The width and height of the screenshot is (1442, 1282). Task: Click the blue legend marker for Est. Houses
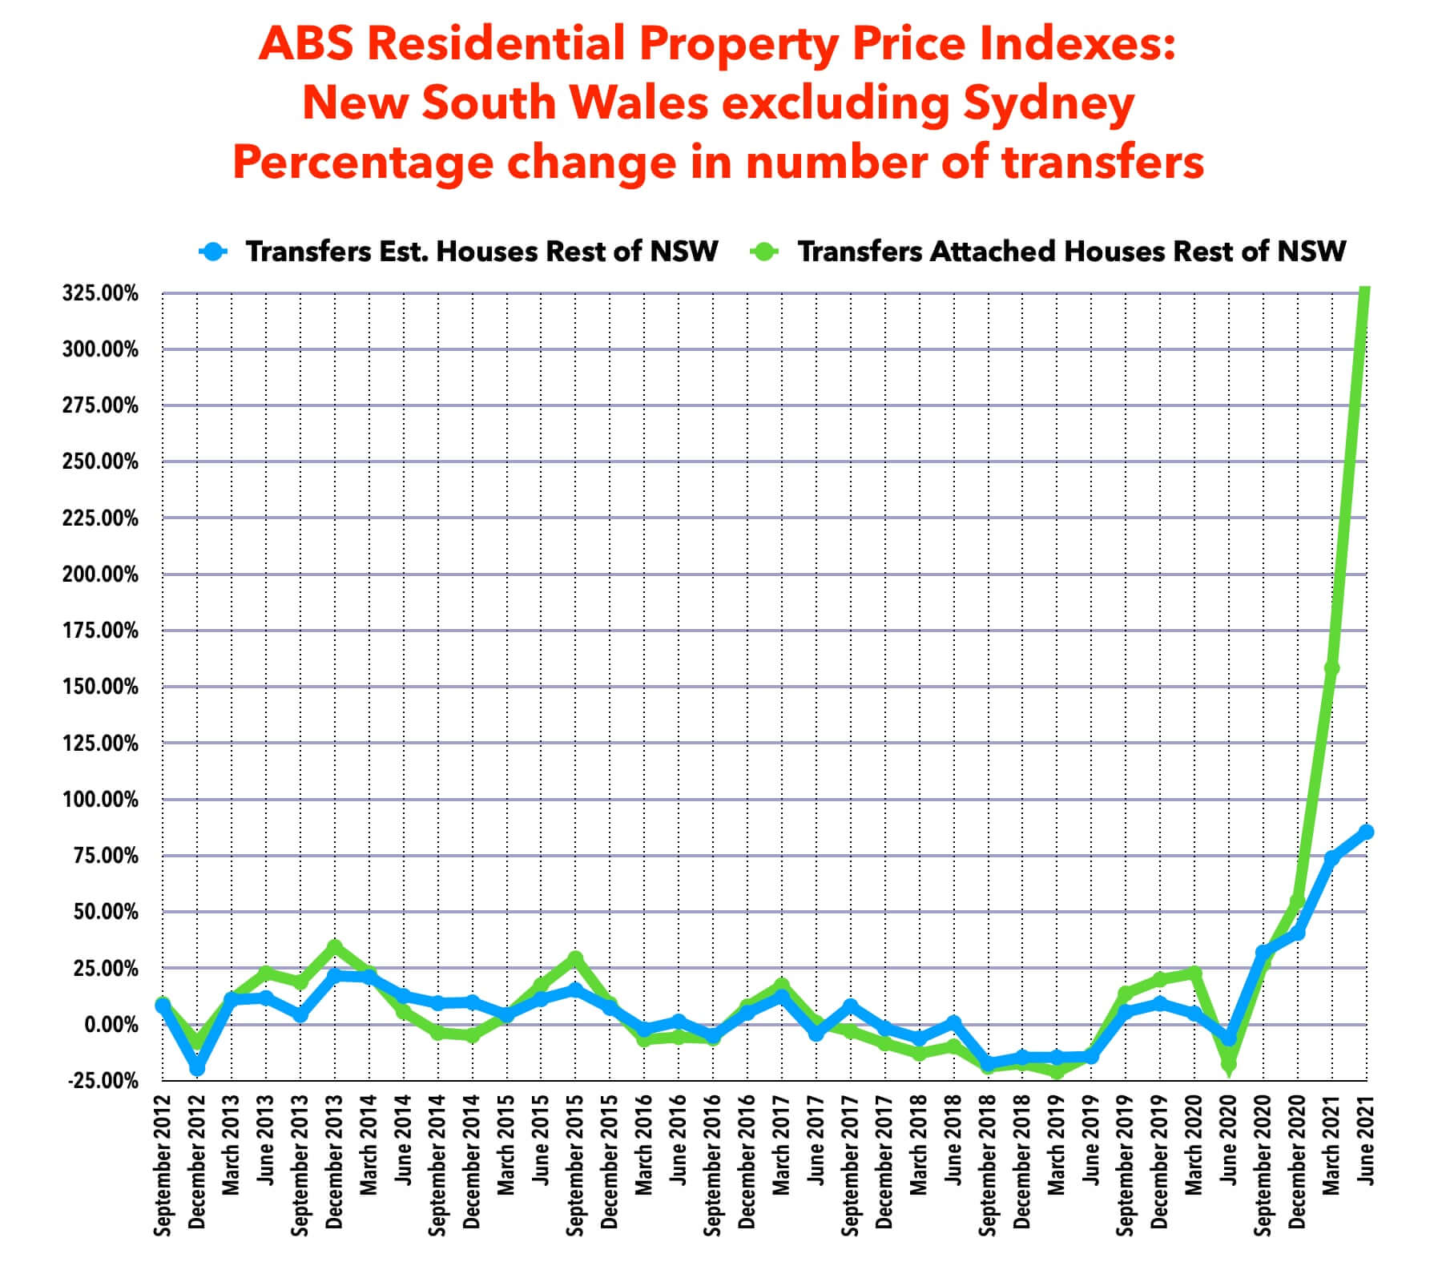coord(214,252)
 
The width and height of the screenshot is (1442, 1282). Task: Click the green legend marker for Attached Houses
coord(765,252)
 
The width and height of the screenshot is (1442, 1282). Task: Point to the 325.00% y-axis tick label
coord(100,293)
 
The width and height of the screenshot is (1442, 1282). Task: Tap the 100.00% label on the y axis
coord(100,800)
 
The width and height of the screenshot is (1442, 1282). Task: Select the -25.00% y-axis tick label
coord(100,1081)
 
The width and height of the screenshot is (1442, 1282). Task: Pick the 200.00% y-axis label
coord(100,574)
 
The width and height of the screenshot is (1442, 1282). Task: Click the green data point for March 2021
coord(1331,668)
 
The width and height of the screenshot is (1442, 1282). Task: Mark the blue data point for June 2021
coord(1366,832)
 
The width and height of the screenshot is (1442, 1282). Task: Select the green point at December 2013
coord(335,947)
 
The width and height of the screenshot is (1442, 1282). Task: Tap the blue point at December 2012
coord(197,1069)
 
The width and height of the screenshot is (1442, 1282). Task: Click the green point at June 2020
coord(1229,1065)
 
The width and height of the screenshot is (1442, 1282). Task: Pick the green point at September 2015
coord(575,958)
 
